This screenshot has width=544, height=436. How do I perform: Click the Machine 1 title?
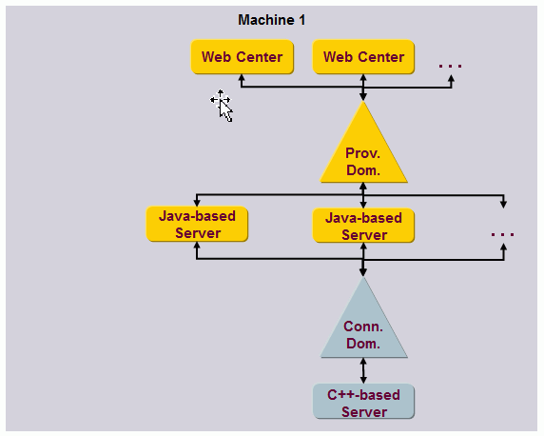point(272,20)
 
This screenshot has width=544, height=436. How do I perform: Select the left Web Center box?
point(242,57)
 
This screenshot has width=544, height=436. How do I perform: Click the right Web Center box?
point(363,57)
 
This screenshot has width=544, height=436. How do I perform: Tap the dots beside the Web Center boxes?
point(450,66)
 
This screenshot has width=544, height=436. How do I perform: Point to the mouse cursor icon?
point(223,105)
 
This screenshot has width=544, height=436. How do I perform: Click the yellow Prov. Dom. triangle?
point(363,152)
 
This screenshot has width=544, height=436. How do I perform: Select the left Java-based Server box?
point(198,225)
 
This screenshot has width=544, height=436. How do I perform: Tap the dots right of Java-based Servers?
point(502,234)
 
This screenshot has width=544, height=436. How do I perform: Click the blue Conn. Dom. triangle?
point(363,328)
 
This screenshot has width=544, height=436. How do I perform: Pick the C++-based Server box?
point(363,403)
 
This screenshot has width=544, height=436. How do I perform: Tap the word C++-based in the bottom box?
point(363,394)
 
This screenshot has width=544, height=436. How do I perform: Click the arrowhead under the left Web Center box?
point(242,80)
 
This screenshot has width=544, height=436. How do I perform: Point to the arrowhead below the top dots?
point(451,80)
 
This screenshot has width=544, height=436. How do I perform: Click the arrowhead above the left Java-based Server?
point(196,202)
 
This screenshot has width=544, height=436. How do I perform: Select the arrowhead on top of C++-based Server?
point(363,380)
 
